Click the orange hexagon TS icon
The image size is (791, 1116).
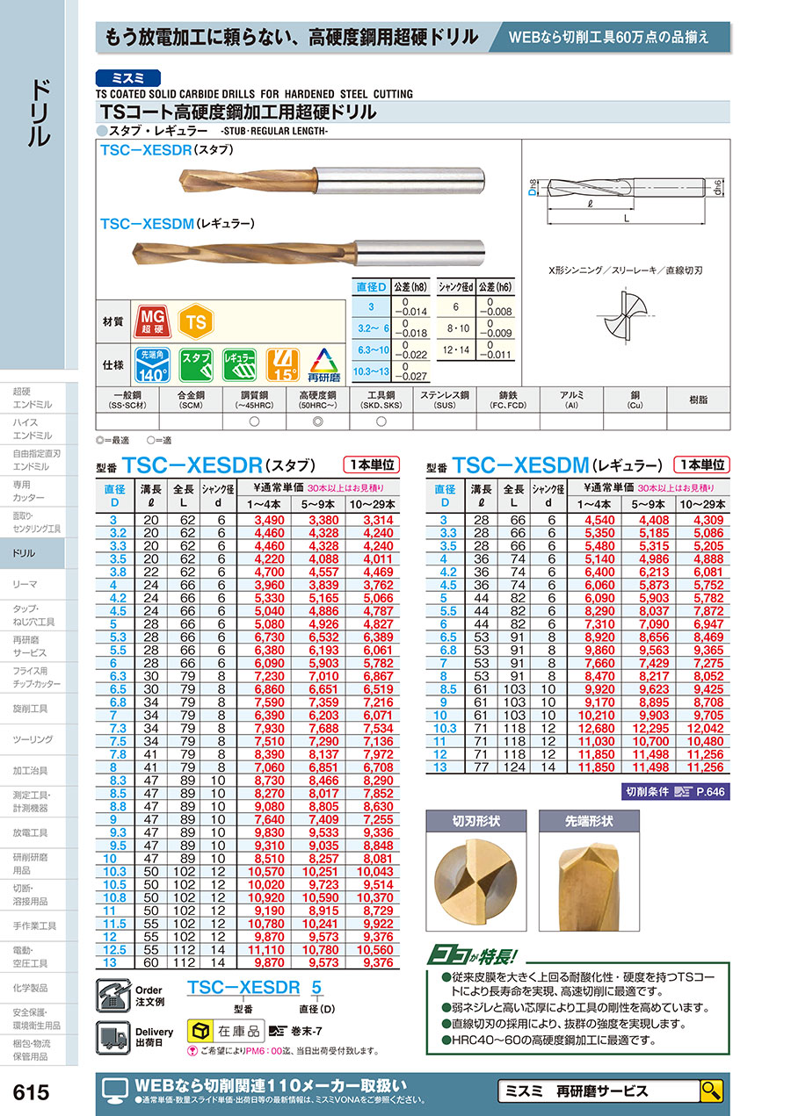pyautogui.click(x=196, y=322)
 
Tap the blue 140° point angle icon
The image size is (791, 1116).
pyautogui.click(x=151, y=362)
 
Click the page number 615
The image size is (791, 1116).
pyautogui.click(x=33, y=1093)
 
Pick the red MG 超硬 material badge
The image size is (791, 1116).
pyautogui.click(x=151, y=322)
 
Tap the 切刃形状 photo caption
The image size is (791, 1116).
pyautogui.click(x=475, y=822)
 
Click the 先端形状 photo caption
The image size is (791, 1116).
pyautogui.click(x=587, y=822)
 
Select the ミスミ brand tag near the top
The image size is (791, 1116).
pyautogui.click(x=129, y=76)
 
